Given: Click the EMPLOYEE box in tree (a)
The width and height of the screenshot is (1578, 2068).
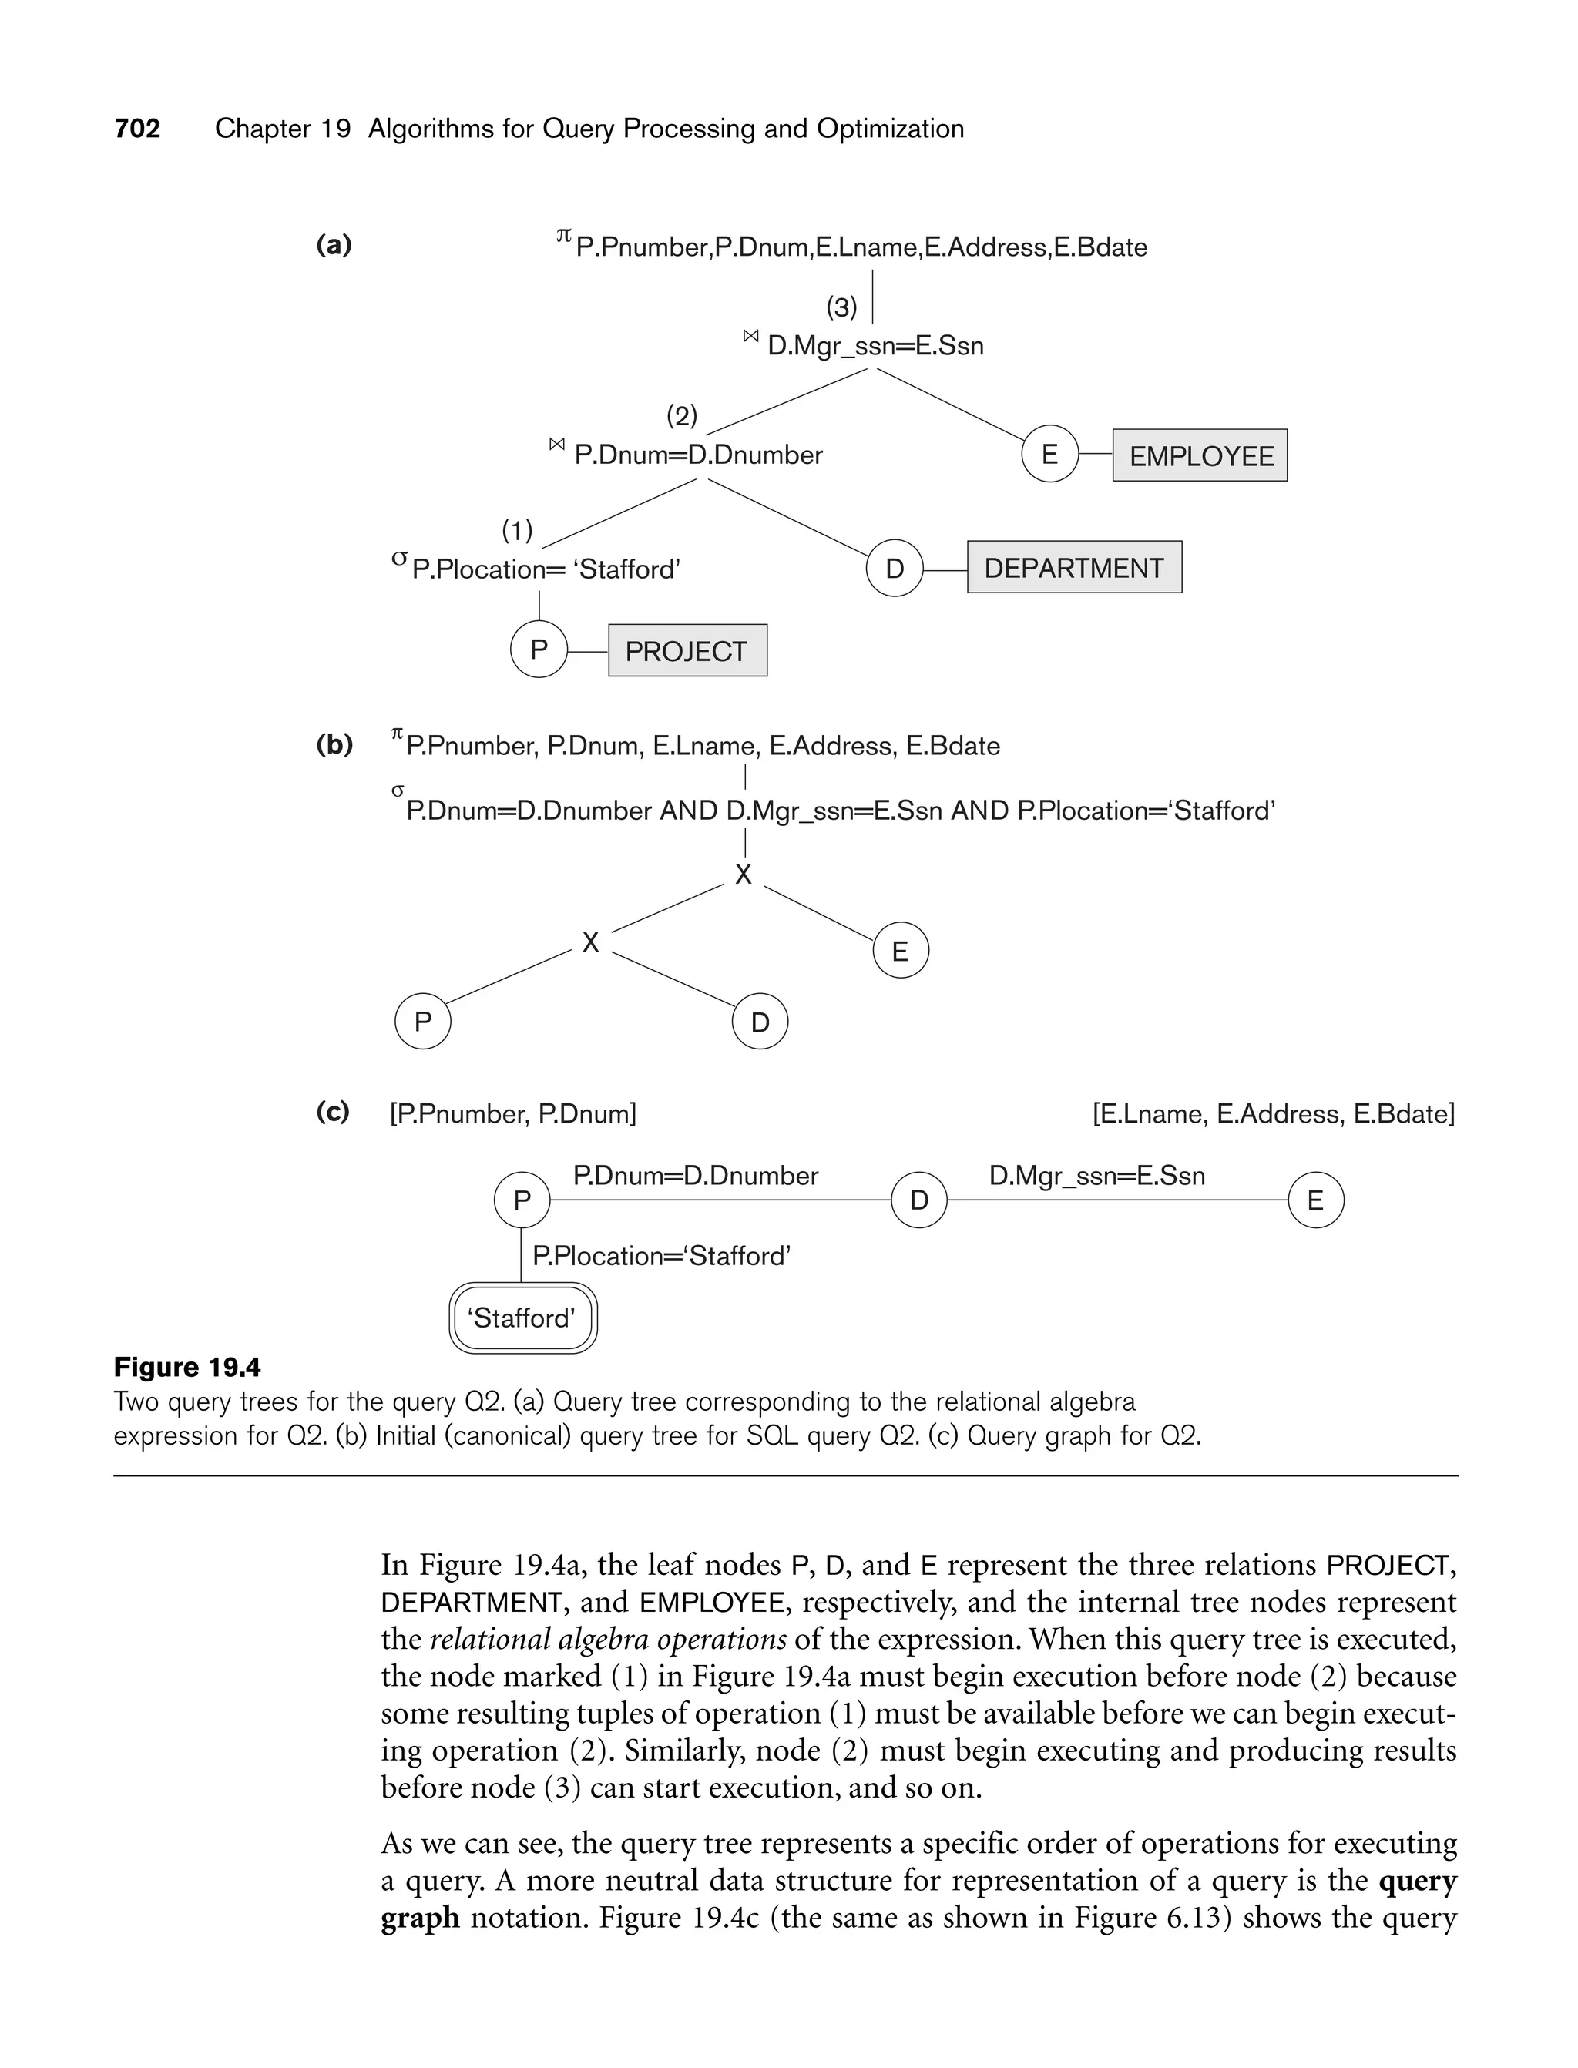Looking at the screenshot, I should click(1200, 455).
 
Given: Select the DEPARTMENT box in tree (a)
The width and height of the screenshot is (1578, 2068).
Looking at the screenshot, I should click(1073, 567).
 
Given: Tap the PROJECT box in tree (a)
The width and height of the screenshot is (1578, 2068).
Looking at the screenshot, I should click(687, 651).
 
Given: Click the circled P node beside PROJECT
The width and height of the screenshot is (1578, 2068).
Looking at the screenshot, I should click(539, 649).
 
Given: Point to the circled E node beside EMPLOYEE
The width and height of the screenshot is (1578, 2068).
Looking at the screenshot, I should click(1050, 455).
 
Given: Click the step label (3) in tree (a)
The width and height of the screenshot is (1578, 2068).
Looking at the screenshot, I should click(841, 307).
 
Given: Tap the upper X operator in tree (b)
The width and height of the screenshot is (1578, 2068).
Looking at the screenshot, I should click(743, 875).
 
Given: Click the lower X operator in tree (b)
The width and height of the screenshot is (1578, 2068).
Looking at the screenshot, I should click(590, 942).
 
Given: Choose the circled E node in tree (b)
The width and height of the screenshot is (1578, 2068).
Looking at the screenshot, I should click(900, 952).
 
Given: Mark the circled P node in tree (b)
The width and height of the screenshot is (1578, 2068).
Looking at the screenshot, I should click(423, 1021).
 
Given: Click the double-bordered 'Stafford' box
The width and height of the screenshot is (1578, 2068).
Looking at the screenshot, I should click(522, 1318).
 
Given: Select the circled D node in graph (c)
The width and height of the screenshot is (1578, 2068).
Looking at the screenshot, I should click(918, 1200).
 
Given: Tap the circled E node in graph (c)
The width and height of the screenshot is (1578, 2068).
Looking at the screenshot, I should click(1315, 1200).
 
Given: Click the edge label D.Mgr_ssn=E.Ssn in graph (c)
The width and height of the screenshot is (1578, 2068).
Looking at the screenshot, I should click(1096, 1176).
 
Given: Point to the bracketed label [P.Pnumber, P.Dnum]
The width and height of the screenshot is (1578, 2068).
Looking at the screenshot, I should click(513, 1114).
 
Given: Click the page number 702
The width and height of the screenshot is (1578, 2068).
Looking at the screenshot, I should click(137, 129).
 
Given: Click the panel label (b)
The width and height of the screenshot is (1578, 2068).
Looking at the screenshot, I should click(334, 746).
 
